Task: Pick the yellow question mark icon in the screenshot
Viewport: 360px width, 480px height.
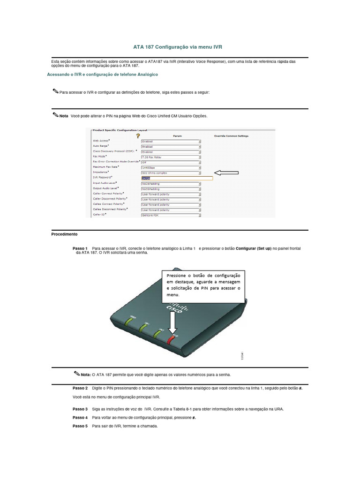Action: tap(138, 135)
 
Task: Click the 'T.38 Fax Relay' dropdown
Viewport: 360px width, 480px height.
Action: tap(171, 157)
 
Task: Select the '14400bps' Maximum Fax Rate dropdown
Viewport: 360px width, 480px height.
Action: tap(171, 167)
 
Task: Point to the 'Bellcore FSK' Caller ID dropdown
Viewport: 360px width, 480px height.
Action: tap(171, 215)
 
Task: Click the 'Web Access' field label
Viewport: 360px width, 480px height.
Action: tap(101, 141)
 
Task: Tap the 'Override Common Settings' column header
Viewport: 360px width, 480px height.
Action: tap(231, 136)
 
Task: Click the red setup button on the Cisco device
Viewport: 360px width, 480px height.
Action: tap(171, 340)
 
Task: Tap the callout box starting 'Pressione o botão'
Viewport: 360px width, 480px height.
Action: tap(203, 286)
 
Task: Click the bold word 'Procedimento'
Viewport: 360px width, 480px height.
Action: tap(64, 233)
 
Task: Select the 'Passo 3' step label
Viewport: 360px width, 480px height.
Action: tap(80, 409)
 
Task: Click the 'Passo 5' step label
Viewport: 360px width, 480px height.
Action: tap(80, 426)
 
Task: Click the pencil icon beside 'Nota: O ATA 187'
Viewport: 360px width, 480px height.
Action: tap(77, 374)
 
